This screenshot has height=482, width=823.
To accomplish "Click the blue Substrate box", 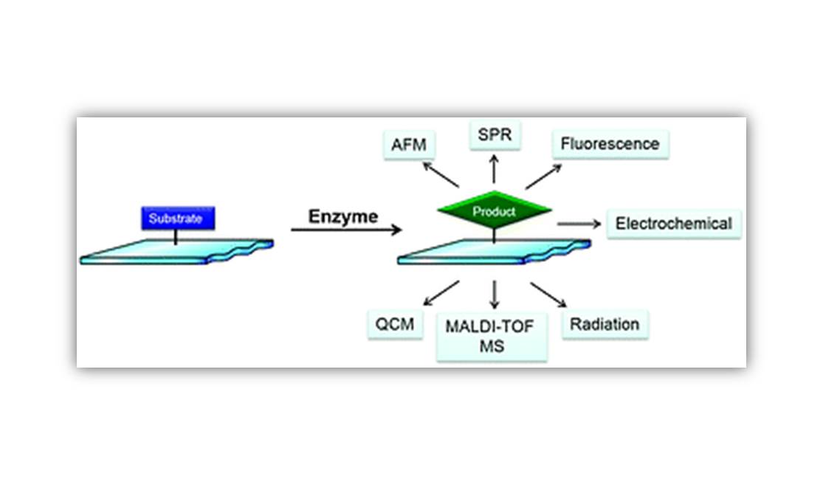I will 177,218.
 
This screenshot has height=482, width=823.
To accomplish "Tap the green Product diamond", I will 494,212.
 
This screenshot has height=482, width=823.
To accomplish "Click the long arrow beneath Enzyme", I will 345,230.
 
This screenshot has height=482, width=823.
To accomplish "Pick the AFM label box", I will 409,144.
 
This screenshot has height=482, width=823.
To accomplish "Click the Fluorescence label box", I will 609,143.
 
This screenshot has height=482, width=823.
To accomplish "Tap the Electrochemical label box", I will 674,223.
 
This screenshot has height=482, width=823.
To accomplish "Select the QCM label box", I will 395,324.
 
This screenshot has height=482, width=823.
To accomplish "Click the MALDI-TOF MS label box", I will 492,336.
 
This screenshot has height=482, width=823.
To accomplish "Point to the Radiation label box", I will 605,324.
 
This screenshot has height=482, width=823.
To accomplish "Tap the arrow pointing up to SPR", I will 494,171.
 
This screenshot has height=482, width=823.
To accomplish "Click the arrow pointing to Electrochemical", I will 576,223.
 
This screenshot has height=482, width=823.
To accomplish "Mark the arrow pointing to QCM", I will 441,293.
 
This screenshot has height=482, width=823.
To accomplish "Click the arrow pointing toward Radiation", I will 548,293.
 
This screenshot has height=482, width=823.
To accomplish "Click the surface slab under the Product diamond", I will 493,251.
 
